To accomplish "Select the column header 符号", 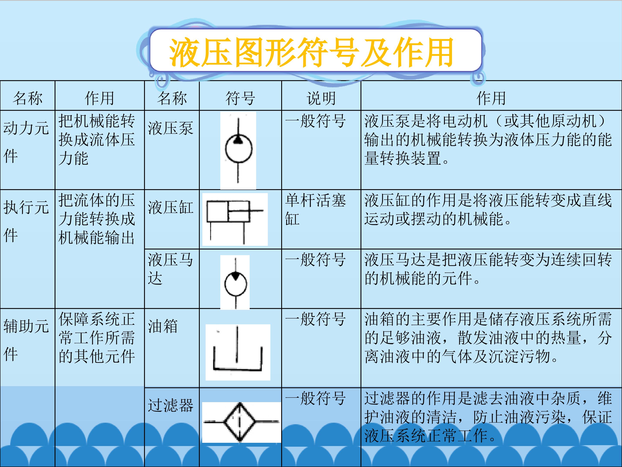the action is click(x=240, y=98).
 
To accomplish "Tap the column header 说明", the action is click(x=321, y=98).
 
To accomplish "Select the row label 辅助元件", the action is click(x=26, y=340).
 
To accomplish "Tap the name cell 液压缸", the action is click(x=170, y=208).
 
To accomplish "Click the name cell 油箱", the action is click(x=163, y=326).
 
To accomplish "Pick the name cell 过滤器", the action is click(x=170, y=405).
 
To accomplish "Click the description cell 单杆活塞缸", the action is click(x=316, y=210).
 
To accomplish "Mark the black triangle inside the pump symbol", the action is click(x=238, y=139).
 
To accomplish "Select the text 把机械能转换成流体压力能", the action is click(x=97, y=139).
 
